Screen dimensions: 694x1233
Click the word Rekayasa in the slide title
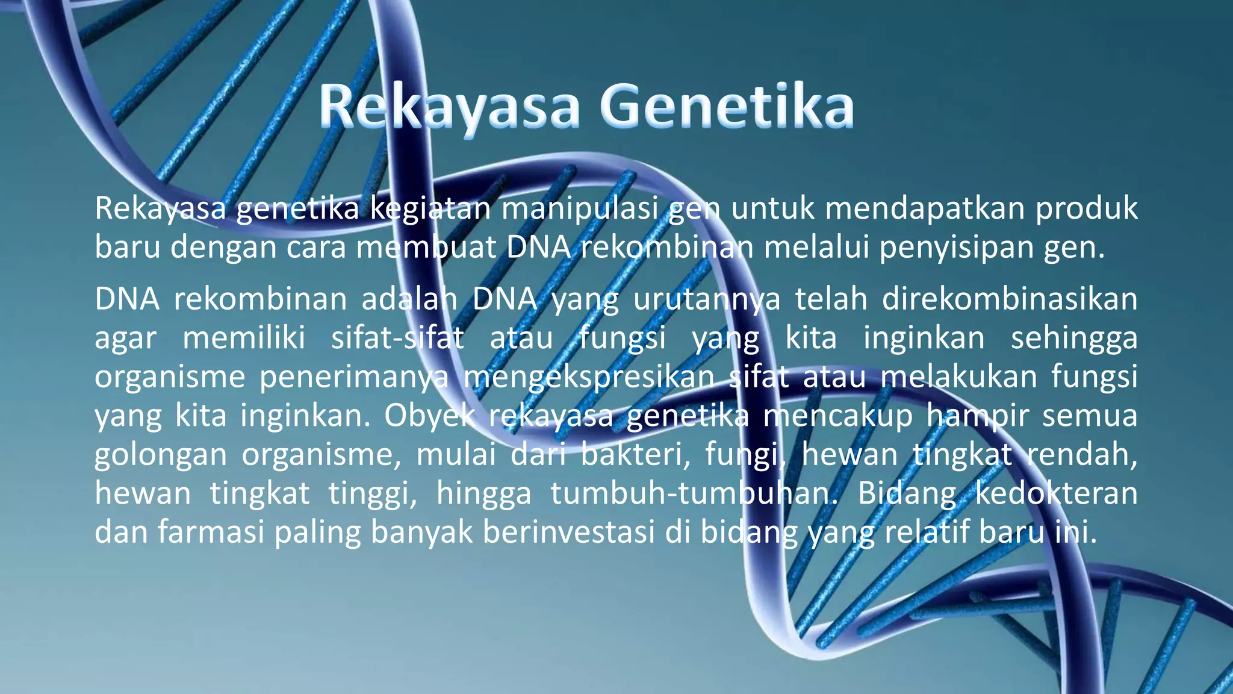tap(449, 107)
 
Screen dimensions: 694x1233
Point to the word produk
tap(1086, 209)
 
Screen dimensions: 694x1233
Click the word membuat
tap(426, 247)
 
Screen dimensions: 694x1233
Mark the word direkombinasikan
tap(1010, 299)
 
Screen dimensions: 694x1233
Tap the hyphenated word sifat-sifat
tap(397, 338)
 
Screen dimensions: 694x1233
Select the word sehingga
tap(1074, 338)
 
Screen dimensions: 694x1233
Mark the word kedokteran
tap(1056, 493)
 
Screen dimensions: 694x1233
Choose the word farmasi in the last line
tap(211, 532)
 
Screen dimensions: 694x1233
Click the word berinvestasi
tap(568, 532)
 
